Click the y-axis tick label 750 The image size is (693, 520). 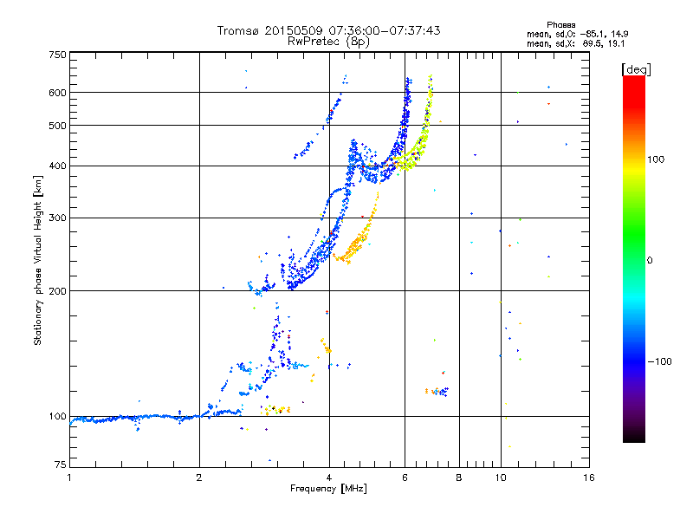[x=57, y=55]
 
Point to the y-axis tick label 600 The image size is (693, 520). [x=57, y=92]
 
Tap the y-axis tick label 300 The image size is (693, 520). [x=57, y=218]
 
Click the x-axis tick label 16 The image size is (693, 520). [x=588, y=478]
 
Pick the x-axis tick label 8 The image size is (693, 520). [x=458, y=478]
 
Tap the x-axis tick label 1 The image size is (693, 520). [x=69, y=478]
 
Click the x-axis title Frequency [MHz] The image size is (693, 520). [x=328, y=489]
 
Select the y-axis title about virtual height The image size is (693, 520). [x=38, y=260]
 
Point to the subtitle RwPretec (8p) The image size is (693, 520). [x=328, y=41]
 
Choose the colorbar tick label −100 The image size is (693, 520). [x=661, y=361]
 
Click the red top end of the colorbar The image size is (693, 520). [x=633, y=81]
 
